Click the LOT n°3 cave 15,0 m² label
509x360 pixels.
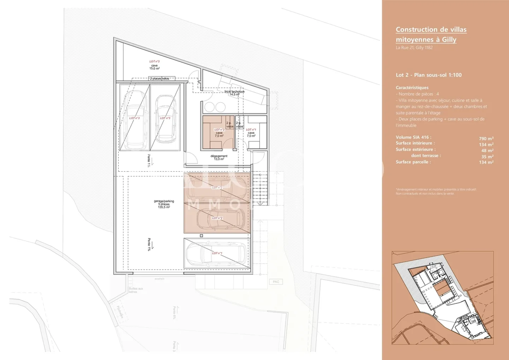click(x=154, y=65)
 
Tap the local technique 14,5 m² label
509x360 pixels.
click(x=234, y=93)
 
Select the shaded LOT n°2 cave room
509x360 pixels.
click(x=218, y=133)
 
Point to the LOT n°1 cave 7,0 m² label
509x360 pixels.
click(x=251, y=133)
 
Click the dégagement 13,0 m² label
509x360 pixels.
click(x=219, y=157)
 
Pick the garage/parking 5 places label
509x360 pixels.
click(x=164, y=204)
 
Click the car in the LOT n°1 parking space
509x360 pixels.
click(x=216, y=253)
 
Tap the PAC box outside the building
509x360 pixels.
click(x=276, y=282)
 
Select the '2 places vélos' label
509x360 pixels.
click(x=159, y=79)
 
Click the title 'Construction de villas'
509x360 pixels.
click(x=431, y=30)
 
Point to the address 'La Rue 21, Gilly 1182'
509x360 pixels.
click(x=414, y=48)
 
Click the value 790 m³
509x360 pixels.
click(x=486, y=139)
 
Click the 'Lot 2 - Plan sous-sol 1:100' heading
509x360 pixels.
click(x=428, y=75)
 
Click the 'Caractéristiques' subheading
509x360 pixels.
click(x=412, y=88)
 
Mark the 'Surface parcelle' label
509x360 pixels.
click(x=413, y=162)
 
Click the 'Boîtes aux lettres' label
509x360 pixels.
click(x=136, y=290)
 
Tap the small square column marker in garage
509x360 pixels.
click(x=201, y=236)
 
